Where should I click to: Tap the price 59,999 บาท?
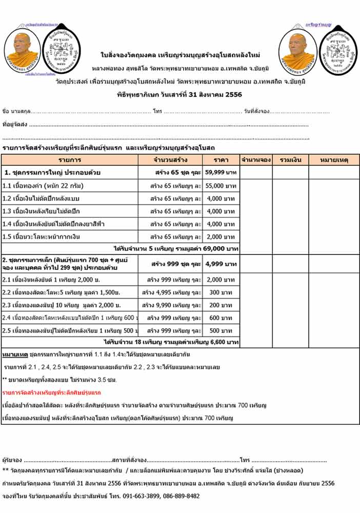point(221,172)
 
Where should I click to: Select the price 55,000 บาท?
point(221,186)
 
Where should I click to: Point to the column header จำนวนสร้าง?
point(170,160)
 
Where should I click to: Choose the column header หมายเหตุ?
point(334,160)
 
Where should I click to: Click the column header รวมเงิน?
point(290,160)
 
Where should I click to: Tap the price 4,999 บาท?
point(221,264)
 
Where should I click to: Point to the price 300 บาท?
point(221,292)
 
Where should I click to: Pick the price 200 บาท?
point(221,305)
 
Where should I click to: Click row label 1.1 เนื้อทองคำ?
point(43,186)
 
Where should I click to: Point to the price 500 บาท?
point(221,330)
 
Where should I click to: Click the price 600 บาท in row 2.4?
point(221,318)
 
